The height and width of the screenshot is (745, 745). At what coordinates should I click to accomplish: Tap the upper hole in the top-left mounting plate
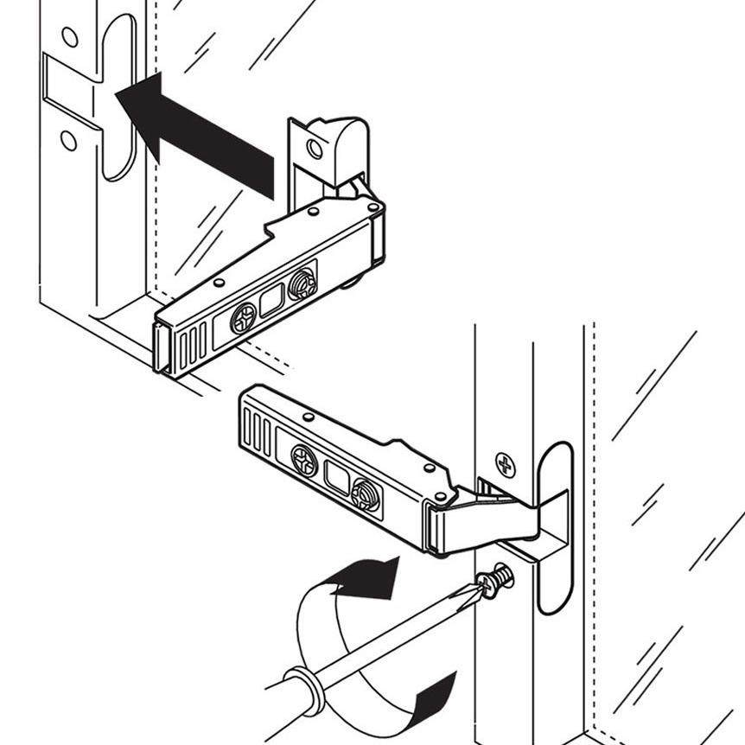click(x=70, y=37)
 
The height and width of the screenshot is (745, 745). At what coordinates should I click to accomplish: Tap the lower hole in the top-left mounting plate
click(x=68, y=140)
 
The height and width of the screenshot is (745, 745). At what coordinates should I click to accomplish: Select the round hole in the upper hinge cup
click(x=315, y=148)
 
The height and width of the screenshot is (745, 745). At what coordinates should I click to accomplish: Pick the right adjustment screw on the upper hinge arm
click(x=302, y=283)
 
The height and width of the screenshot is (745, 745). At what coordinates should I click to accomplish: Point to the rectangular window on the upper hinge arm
click(x=272, y=302)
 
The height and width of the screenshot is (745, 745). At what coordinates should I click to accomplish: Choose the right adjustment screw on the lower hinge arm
click(x=366, y=494)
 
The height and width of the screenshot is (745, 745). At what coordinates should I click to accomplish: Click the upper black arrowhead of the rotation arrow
click(x=372, y=577)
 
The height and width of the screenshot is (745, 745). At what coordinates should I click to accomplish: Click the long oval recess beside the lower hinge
click(x=555, y=527)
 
